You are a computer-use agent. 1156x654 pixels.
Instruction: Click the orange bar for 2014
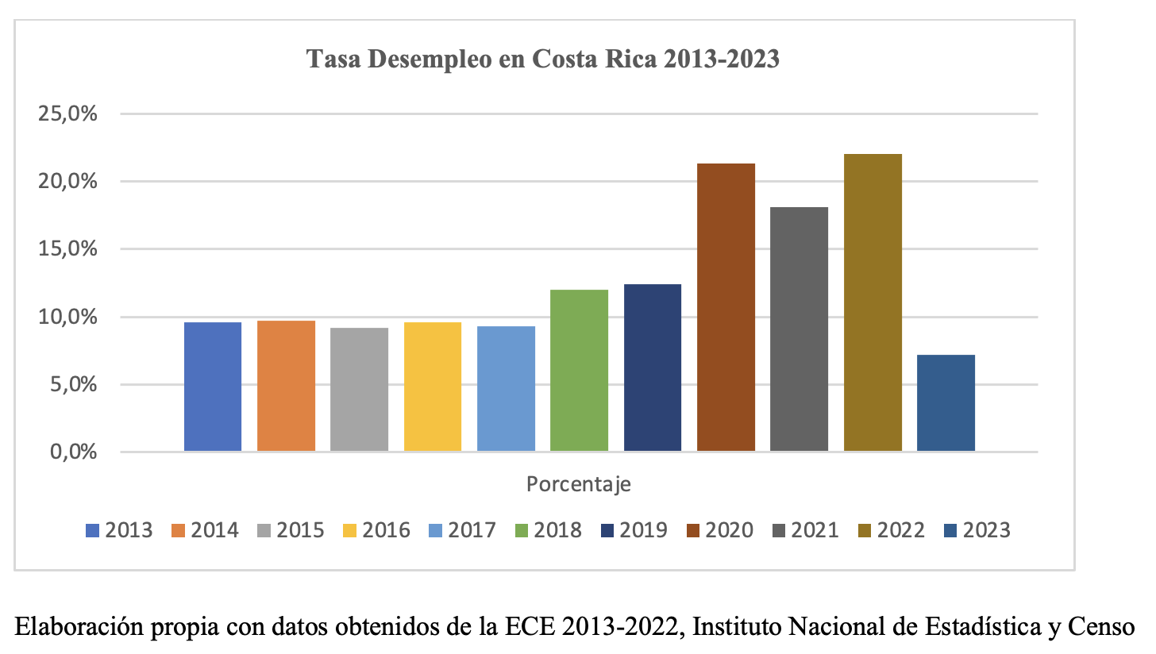coord(286,386)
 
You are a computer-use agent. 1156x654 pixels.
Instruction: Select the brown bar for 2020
coord(726,307)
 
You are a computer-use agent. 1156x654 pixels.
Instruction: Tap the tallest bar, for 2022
coord(873,302)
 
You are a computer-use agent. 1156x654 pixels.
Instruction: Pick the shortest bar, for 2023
coord(946,403)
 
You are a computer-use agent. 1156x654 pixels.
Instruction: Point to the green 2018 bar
coord(579,371)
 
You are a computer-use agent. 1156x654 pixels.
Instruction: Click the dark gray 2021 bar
coord(799,329)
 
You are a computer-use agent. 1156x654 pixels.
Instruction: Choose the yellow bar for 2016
coord(432,387)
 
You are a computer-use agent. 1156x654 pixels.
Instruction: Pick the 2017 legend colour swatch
coord(435,530)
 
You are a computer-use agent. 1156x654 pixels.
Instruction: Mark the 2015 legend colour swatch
coord(264,530)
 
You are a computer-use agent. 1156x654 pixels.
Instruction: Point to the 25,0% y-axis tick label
coord(67,113)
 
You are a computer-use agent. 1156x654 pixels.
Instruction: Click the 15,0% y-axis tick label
coord(67,249)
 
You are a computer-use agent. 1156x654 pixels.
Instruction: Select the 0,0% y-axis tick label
coord(72,452)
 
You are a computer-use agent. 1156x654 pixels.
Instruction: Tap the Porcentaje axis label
coord(578,484)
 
